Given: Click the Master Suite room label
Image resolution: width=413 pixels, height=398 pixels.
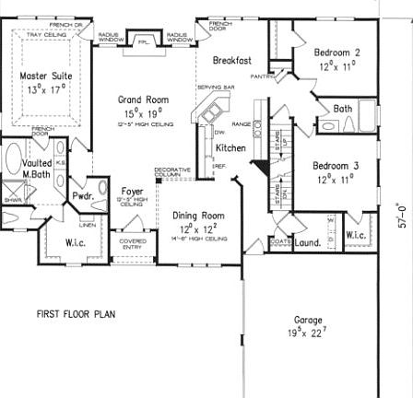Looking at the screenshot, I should [49, 76].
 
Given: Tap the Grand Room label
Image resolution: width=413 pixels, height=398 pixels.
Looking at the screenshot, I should [143, 98].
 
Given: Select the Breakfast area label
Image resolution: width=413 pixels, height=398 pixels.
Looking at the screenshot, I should [231, 60].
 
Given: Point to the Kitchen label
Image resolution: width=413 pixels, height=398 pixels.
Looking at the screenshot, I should [230, 147].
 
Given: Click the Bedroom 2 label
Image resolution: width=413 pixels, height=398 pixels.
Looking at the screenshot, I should [336, 53].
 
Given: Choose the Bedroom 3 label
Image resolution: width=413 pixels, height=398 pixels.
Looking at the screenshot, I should [335, 166].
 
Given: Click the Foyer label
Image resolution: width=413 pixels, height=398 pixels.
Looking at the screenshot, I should [132, 192].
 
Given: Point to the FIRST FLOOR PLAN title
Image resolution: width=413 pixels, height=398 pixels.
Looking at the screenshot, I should [76, 314].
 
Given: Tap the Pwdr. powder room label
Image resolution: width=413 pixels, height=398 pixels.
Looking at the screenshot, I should [83, 195].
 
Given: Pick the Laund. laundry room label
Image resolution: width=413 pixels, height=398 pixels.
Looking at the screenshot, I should [307, 243].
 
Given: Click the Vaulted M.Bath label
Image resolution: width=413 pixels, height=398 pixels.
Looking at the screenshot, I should [36, 168].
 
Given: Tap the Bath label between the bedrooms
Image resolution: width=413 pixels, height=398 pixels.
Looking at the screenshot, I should [343, 109].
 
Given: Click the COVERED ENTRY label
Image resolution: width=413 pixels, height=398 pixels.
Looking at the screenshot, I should [132, 244].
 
